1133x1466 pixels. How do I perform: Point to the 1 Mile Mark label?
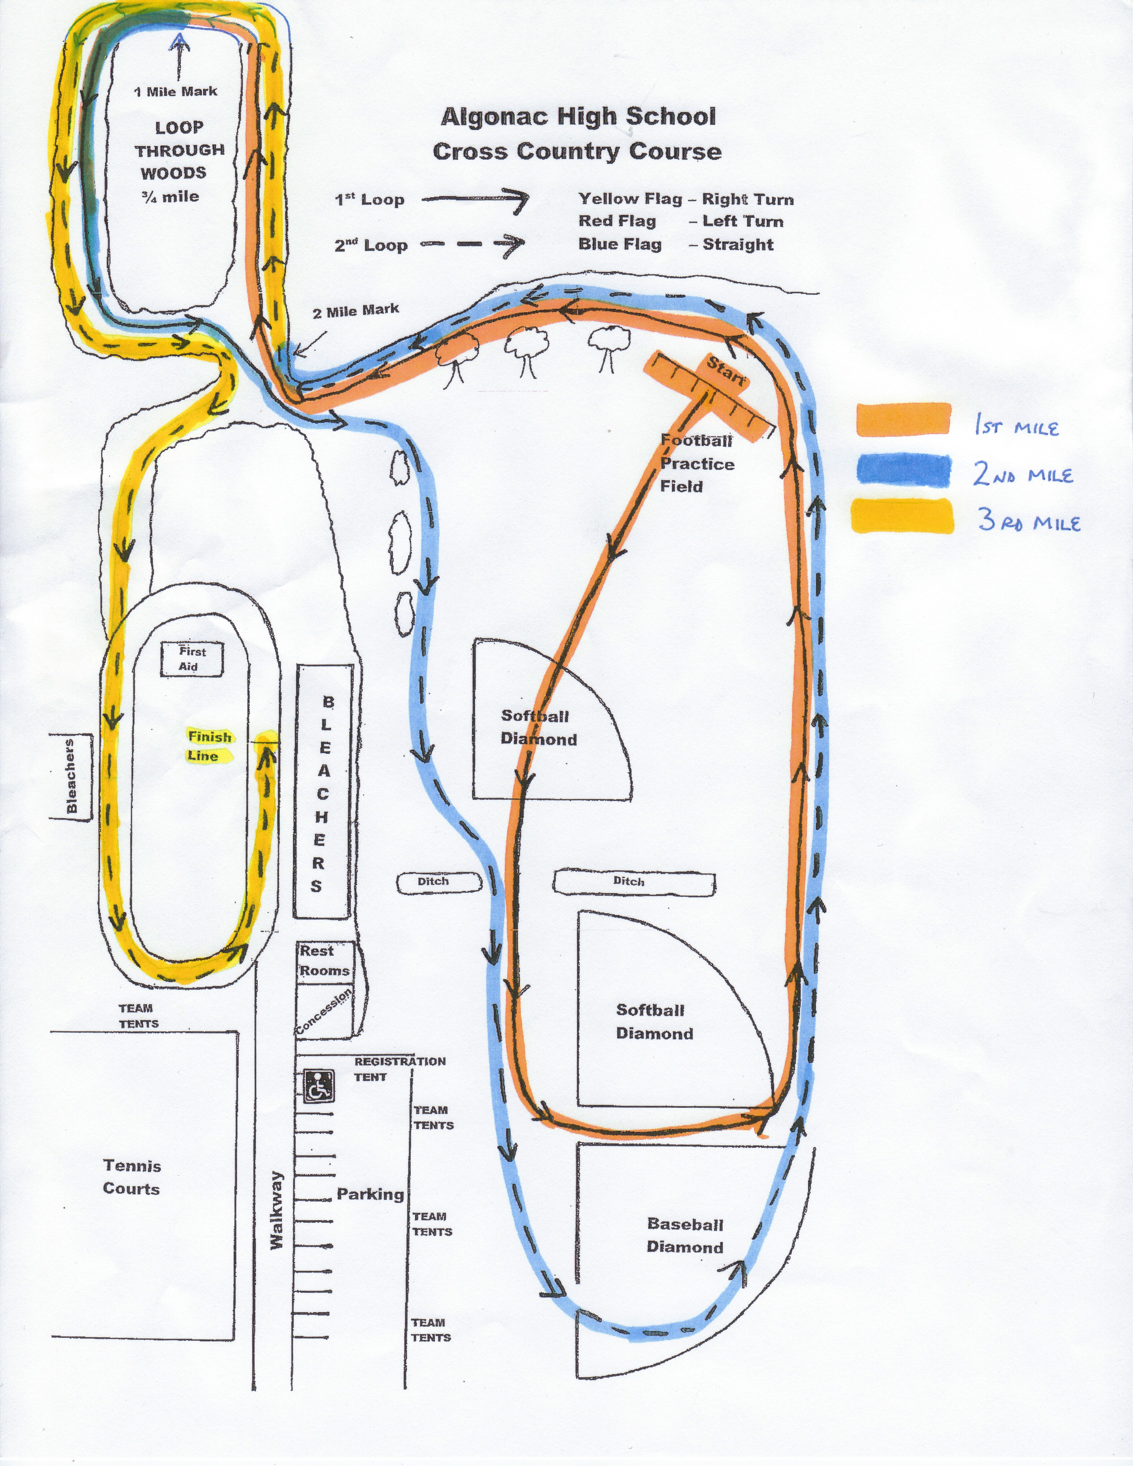(176, 91)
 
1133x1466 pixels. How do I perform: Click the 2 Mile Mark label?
(356, 310)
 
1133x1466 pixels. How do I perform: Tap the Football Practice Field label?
(697, 463)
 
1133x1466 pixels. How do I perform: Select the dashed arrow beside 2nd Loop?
(472, 245)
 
